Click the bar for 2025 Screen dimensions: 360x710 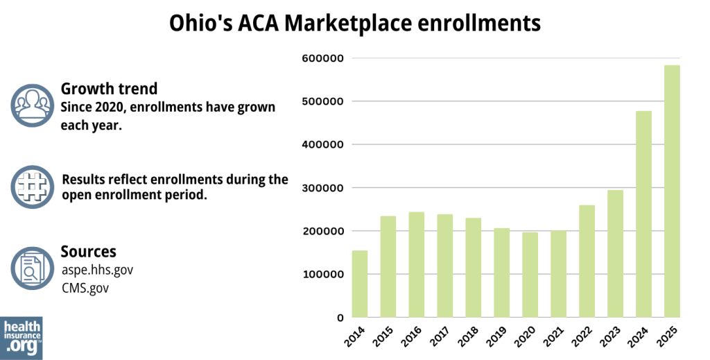click(x=672, y=191)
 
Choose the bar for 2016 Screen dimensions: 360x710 click(x=416, y=264)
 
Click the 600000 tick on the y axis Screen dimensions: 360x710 click(x=323, y=58)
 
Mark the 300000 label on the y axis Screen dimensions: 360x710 click(x=323, y=188)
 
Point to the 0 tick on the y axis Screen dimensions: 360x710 click(x=340, y=318)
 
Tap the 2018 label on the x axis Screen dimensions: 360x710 click(x=469, y=339)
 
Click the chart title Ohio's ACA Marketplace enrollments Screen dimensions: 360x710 click(x=354, y=24)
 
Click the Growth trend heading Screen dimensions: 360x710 click(x=109, y=89)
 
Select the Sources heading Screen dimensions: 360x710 click(x=88, y=251)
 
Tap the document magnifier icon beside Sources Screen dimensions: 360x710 click(x=32, y=268)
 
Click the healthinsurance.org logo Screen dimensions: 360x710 click(x=21, y=338)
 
